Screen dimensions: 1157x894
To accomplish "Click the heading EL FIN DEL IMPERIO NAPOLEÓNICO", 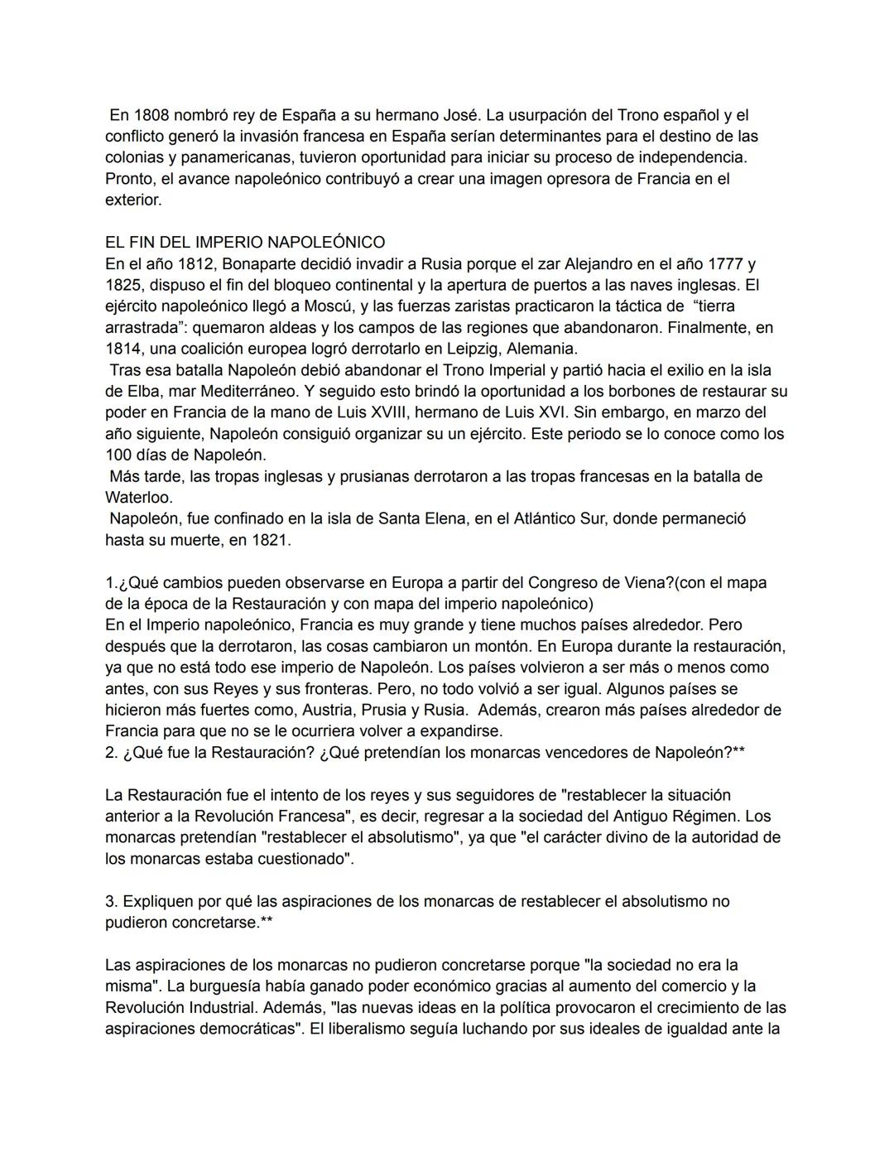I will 245,243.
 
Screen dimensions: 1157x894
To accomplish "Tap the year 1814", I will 124,349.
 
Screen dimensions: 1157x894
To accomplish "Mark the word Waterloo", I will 138,498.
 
